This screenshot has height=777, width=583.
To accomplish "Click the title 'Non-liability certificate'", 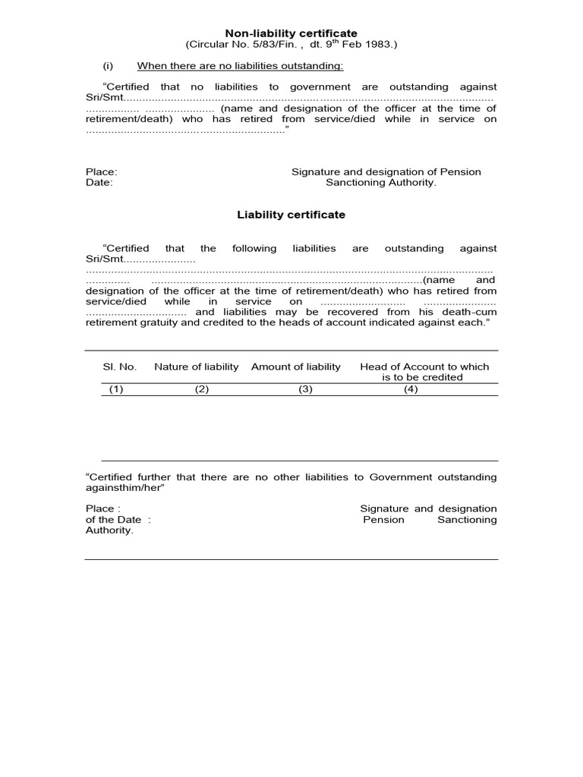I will pos(291,33).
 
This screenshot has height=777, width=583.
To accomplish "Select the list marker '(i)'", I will pos(108,66).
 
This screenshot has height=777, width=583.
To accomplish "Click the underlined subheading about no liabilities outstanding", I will pos(240,66).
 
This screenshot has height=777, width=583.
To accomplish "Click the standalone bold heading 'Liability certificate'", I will pos(291,215).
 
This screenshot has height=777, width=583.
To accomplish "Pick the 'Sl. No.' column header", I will pos(120,366).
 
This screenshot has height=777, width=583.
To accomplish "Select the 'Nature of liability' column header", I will pos(197,366).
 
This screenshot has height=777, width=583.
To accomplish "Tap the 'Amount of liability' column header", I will pos(296,366).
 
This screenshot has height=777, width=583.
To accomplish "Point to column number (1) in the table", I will pos(115,389).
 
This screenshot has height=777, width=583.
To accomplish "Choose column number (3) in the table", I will pos(305,389).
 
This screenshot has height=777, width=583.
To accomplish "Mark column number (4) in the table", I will pos(411,389).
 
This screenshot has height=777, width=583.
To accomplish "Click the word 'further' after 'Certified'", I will pos(154,477).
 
